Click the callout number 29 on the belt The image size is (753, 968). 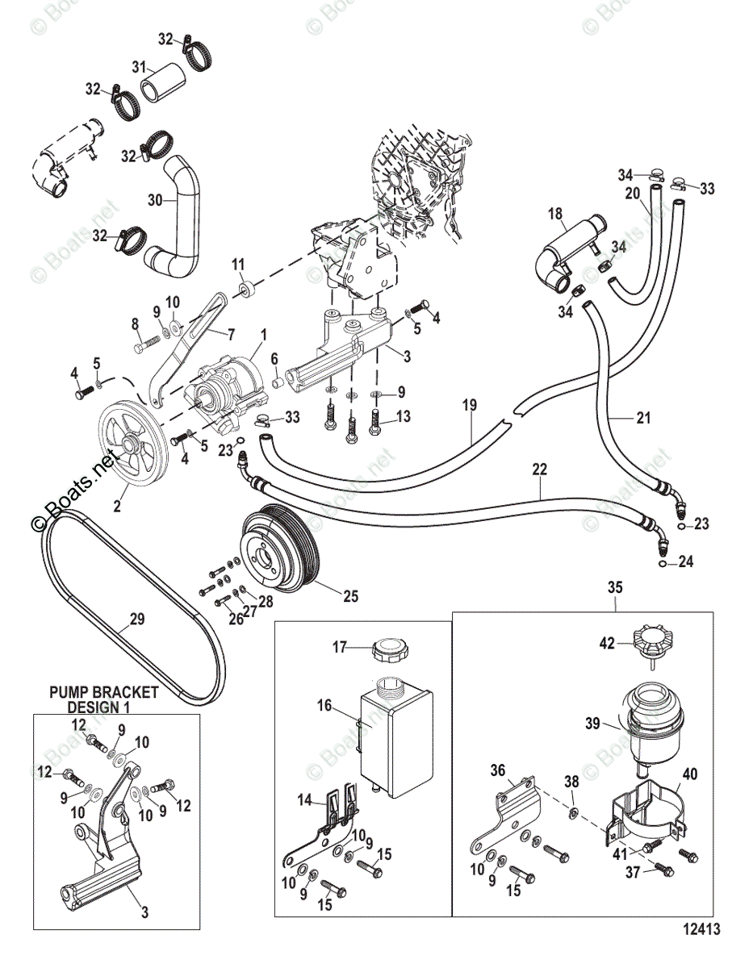pyautogui.click(x=137, y=620)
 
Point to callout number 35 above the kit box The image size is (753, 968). pyautogui.click(x=615, y=587)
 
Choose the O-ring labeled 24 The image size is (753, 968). pyautogui.click(x=662, y=564)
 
